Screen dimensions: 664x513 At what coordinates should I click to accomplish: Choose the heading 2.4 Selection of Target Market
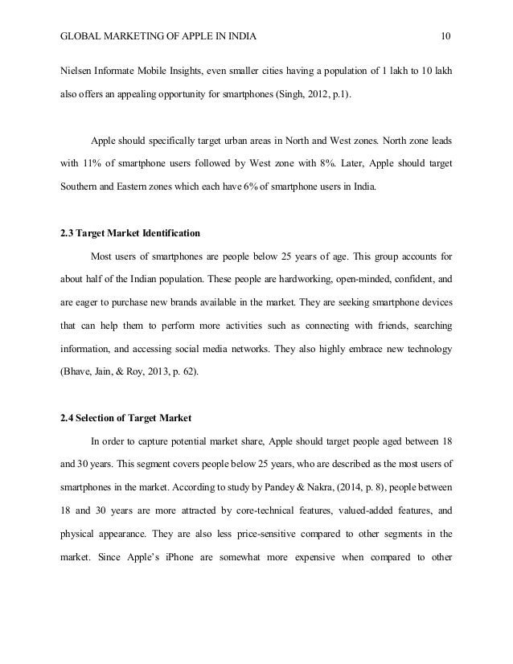pos(125,418)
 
